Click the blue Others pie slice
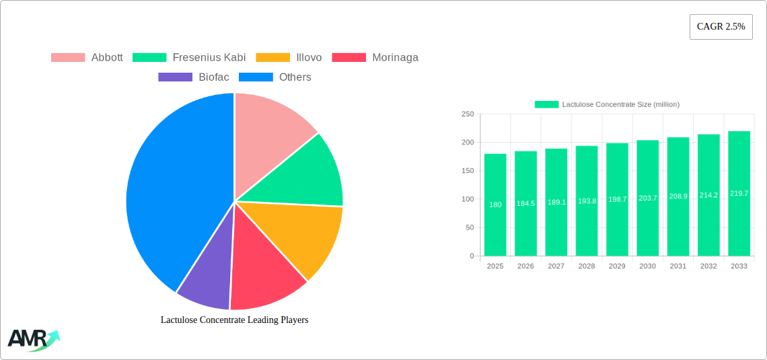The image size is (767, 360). [x=175, y=195]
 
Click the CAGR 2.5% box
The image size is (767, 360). [x=721, y=27]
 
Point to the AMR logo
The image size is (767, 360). [x=32, y=339]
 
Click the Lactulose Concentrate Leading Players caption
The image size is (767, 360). [x=234, y=320]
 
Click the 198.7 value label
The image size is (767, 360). [x=617, y=200]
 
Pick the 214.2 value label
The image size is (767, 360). [x=708, y=195]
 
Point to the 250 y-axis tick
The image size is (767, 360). [x=467, y=114]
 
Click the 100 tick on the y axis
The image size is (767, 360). [x=467, y=199]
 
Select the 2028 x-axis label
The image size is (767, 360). [x=587, y=266]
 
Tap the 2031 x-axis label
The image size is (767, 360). [x=678, y=266]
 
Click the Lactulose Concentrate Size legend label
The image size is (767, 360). [x=620, y=104]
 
